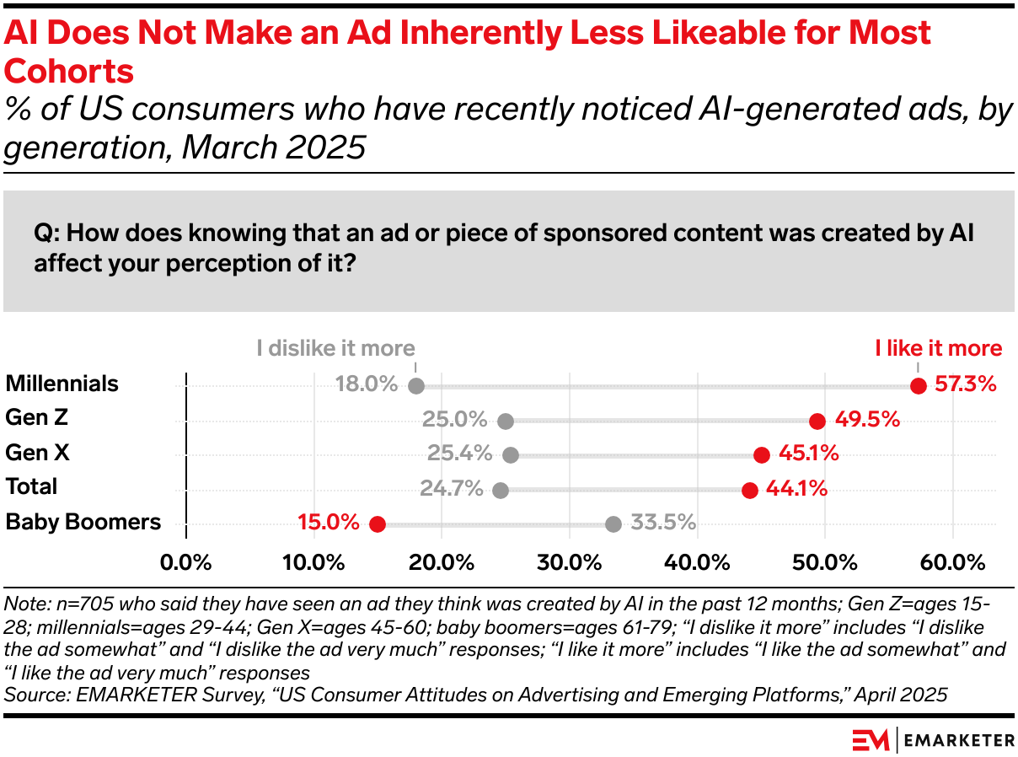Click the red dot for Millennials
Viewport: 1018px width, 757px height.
click(x=919, y=386)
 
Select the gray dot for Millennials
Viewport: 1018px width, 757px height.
click(x=415, y=386)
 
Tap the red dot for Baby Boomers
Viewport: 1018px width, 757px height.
click(x=377, y=523)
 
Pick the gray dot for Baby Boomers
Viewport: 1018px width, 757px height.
click(x=613, y=523)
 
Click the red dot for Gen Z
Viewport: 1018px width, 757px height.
click(x=817, y=421)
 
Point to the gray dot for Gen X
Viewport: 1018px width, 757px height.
click(x=511, y=455)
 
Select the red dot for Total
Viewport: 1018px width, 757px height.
click(x=749, y=490)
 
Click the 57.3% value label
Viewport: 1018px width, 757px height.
click(x=966, y=384)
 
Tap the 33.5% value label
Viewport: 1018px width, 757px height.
click(x=664, y=523)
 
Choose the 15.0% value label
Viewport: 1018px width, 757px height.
click(x=329, y=523)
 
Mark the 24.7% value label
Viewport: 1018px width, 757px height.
click(x=451, y=488)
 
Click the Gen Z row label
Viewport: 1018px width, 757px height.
click(x=36, y=417)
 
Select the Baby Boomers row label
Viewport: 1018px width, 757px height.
click(x=83, y=522)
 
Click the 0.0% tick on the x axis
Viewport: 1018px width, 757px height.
click(x=185, y=562)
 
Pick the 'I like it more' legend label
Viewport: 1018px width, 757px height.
click(x=938, y=348)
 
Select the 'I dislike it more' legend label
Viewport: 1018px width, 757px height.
click(x=336, y=348)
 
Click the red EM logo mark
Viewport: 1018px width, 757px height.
click(x=871, y=739)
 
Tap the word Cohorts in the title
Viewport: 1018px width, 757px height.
click(x=70, y=72)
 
